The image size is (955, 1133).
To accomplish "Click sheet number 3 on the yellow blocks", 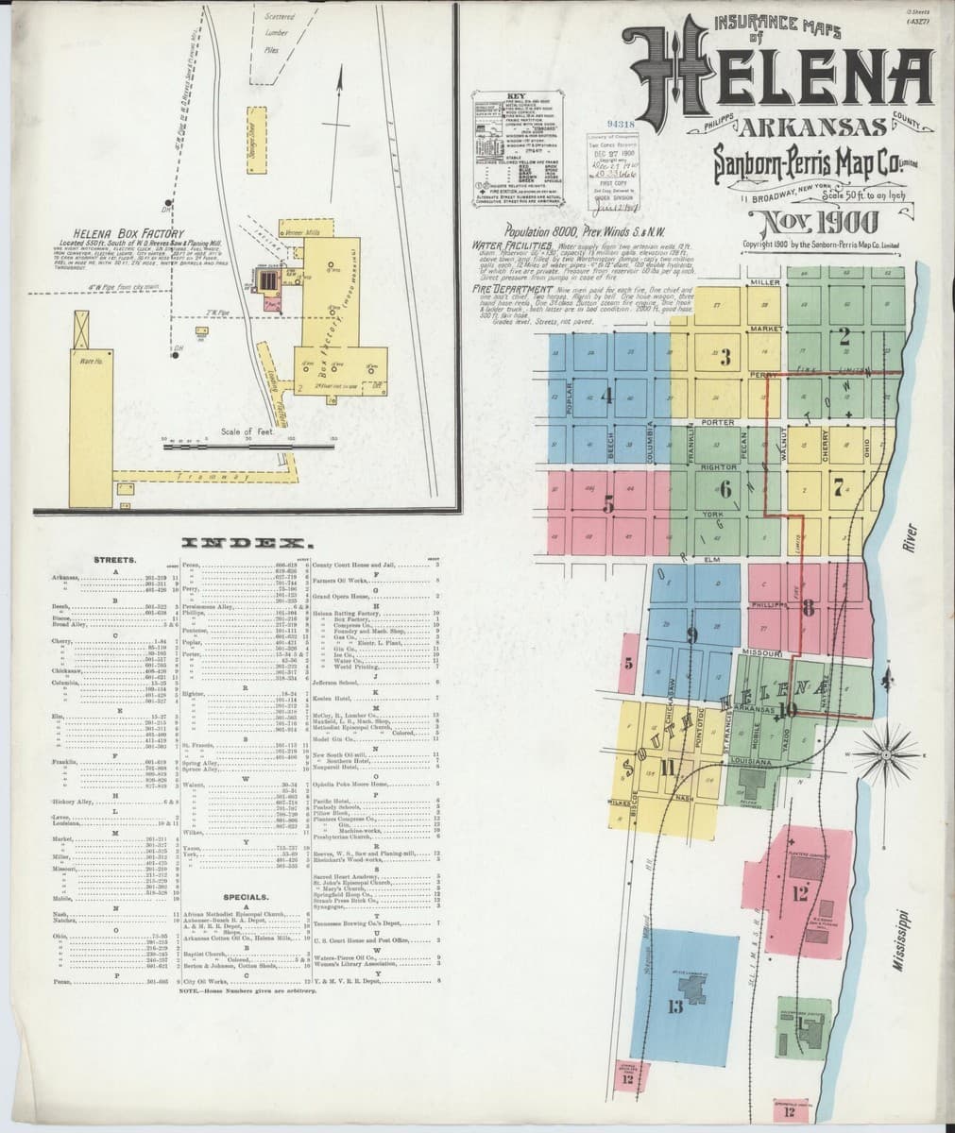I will pyautogui.click(x=725, y=358).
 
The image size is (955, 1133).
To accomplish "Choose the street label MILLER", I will pyautogui.click(x=763, y=282).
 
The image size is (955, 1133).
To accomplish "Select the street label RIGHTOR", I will pyautogui.click(x=718, y=466).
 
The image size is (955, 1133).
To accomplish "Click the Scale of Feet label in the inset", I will pyautogui.click(x=245, y=431).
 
